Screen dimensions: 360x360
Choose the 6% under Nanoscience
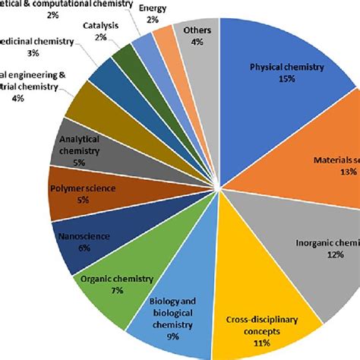click(x=84, y=248)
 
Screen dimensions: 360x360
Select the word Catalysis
click(x=102, y=24)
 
